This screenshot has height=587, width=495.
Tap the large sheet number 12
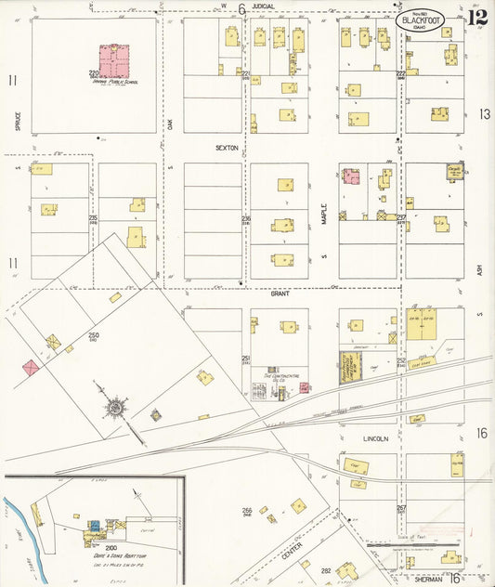[477, 18]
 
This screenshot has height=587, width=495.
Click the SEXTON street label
[227, 148]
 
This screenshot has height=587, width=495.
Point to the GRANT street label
[280, 293]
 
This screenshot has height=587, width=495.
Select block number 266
[247, 510]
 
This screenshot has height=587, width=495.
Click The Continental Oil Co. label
[280, 377]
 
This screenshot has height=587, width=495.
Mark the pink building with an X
[32, 368]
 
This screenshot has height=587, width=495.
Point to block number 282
[326, 569]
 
